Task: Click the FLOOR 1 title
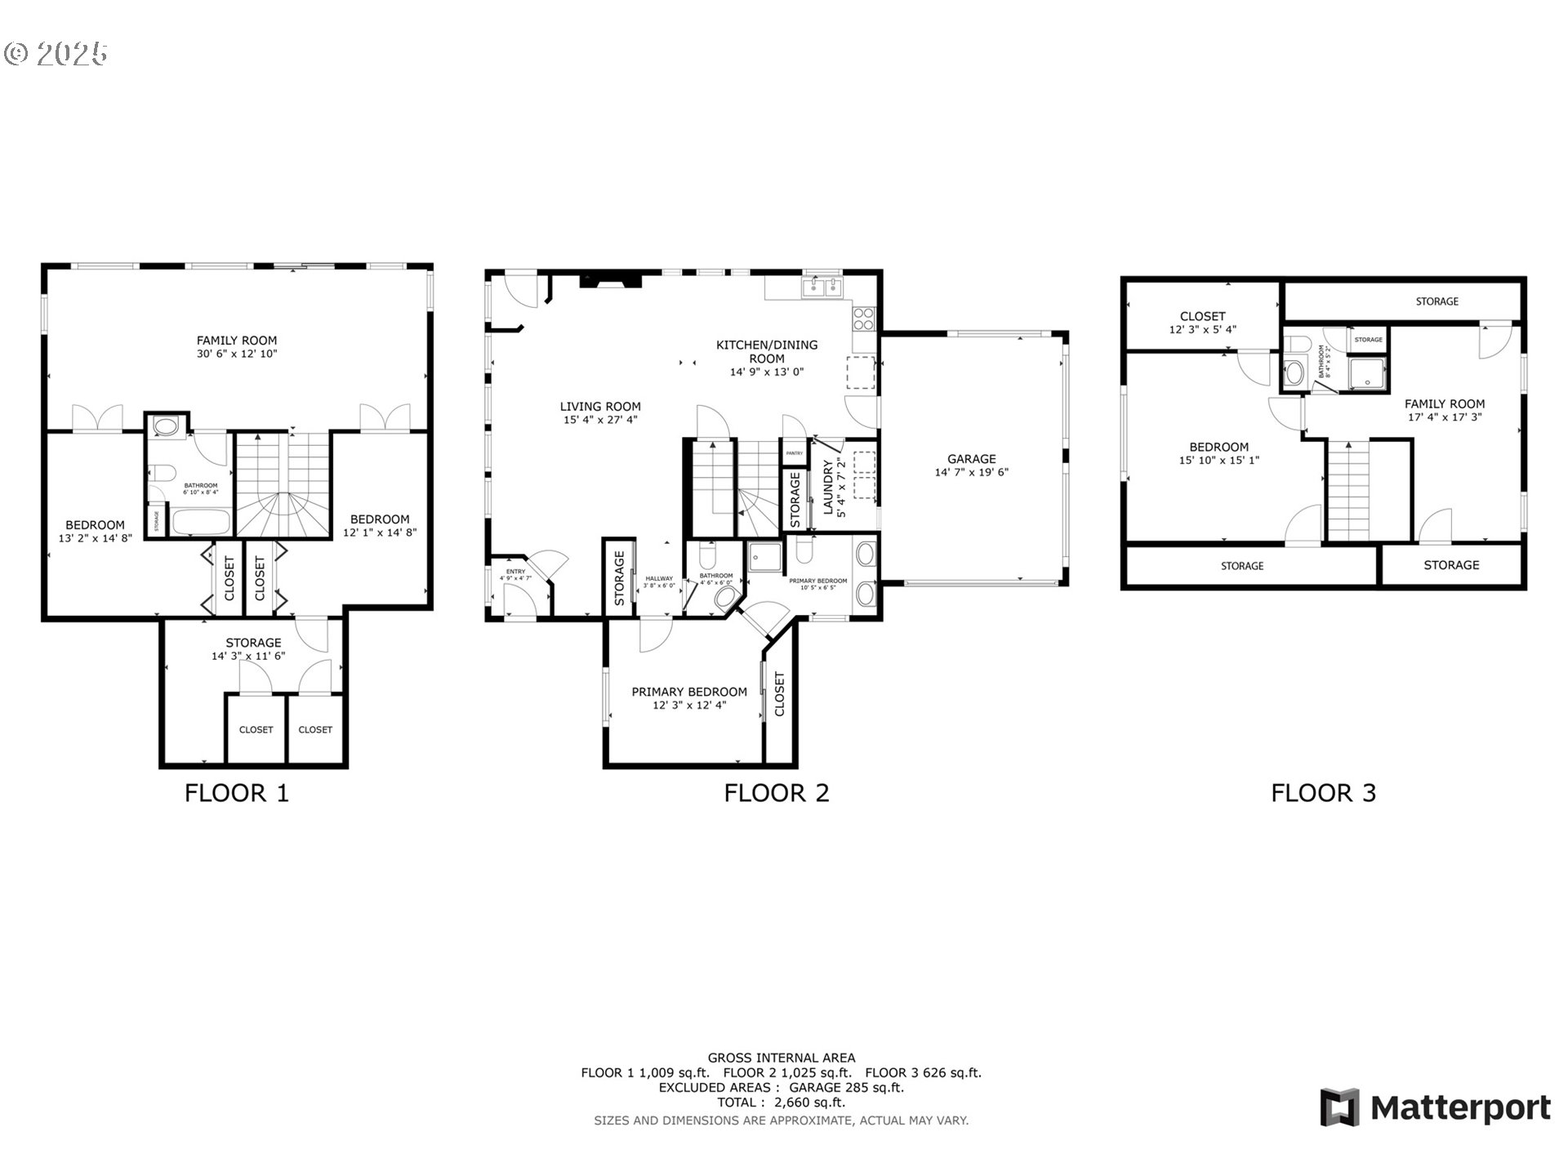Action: (x=237, y=793)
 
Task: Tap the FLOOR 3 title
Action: (x=1323, y=793)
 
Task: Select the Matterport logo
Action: (x=1435, y=1107)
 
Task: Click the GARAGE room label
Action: (x=971, y=459)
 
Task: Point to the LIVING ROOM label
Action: (x=600, y=407)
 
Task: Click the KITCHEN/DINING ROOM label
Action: (x=766, y=351)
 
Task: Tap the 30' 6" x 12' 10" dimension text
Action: (x=237, y=354)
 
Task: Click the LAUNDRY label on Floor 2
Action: (x=827, y=487)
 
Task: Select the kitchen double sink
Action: (x=822, y=287)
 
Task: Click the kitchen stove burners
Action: (x=863, y=318)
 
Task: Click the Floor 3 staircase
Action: (x=1347, y=490)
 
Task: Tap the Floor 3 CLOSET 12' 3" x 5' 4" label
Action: (x=1202, y=323)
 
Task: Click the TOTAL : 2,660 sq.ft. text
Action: (x=781, y=1102)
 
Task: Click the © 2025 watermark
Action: (x=56, y=54)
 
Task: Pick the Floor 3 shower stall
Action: (x=1366, y=374)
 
